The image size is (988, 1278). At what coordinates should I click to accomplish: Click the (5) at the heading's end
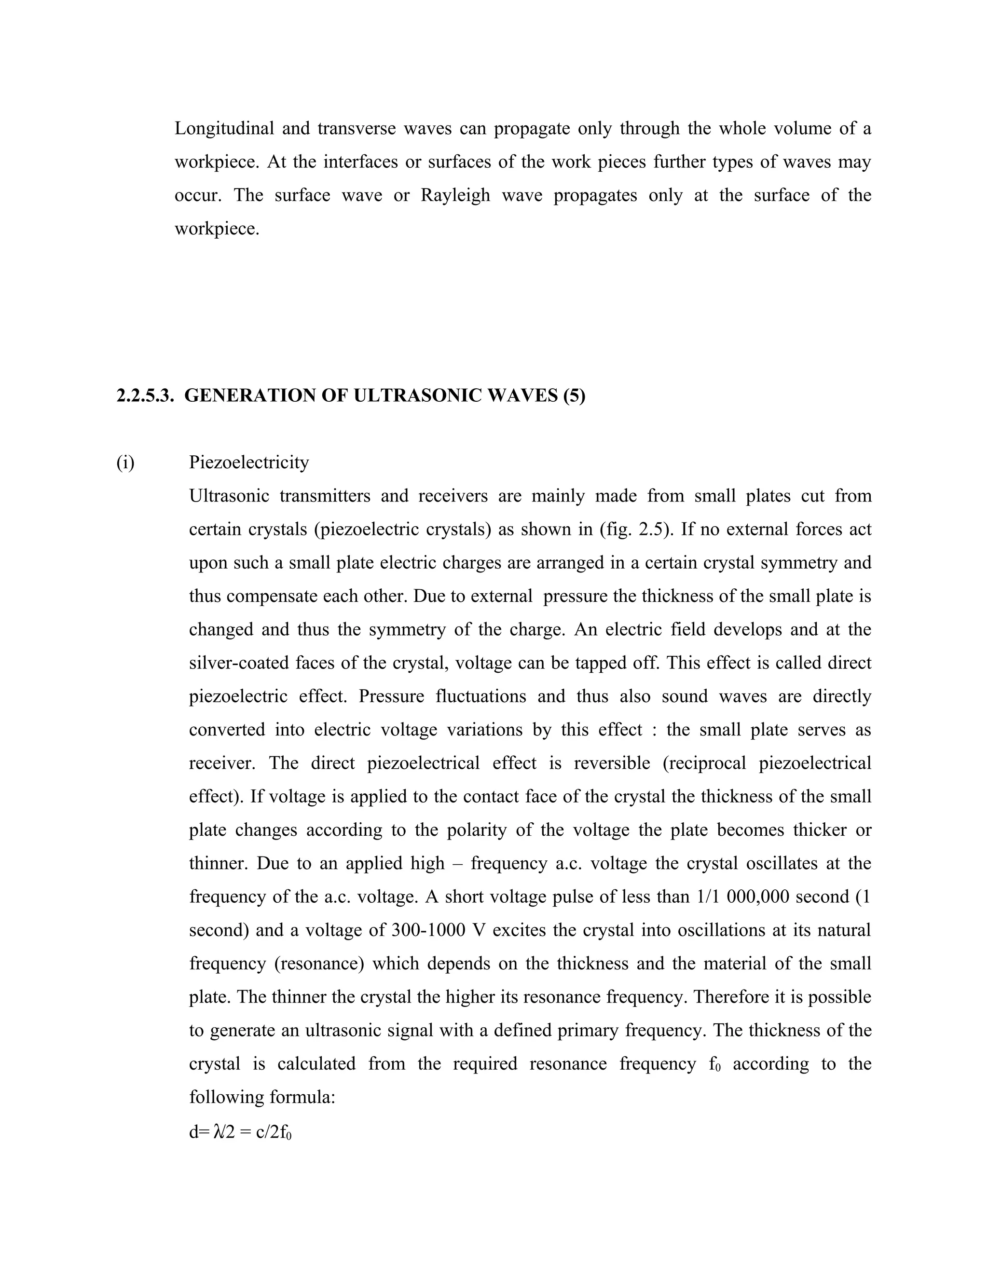(574, 395)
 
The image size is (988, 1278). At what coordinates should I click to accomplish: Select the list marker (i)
(125, 462)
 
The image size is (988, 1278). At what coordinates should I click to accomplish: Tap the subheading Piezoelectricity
(249, 462)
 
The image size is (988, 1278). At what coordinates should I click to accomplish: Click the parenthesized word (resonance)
(319, 964)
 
